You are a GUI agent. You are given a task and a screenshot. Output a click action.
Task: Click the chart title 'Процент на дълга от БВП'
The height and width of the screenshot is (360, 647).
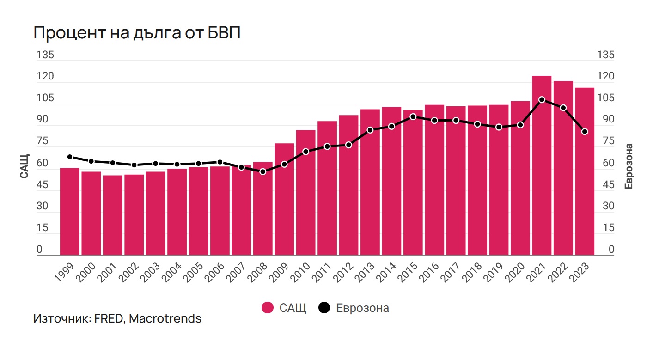click(137, 34)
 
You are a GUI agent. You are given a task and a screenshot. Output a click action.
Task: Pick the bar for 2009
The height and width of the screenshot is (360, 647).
click(284, 199)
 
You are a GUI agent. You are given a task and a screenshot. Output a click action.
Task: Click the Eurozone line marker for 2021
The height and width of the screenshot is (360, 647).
click(542, 99)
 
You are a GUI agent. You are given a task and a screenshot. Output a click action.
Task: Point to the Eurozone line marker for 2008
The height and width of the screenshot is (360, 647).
click(263, 171)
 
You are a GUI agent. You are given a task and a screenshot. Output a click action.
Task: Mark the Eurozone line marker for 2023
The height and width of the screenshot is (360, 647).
click(585, 132)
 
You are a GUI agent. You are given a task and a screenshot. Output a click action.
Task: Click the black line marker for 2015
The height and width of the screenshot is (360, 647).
click(413, 116)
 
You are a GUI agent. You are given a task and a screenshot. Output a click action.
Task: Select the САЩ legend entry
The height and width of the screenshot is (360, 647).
click(284, 308)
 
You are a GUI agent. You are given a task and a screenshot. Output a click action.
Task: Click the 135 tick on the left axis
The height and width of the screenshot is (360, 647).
click(45, 55)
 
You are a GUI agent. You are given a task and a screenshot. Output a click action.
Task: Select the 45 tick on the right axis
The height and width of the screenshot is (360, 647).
click(606, 185)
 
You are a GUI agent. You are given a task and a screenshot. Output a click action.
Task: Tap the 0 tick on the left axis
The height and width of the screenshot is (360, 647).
click(39, 250)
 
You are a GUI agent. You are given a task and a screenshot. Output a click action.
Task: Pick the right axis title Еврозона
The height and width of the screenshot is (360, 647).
click(629, 166)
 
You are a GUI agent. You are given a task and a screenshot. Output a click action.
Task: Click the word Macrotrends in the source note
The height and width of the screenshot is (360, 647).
click(165, 319)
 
